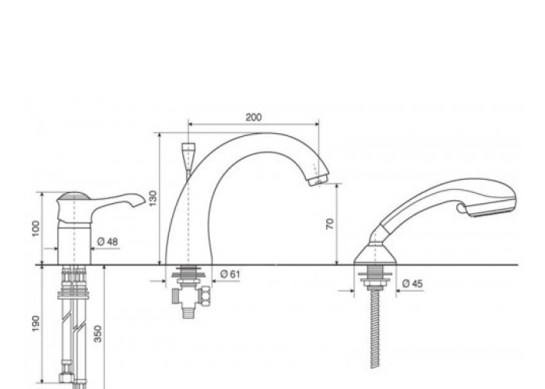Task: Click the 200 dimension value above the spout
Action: tap(253, 117)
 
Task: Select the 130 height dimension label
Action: tap(153, 198)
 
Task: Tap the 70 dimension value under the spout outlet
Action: tap(330, 224)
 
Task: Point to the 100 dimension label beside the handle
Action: tap(36, 229)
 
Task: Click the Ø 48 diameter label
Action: tap(107, 241)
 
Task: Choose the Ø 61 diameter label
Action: tap(230, 274)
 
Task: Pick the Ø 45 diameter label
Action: tap(413, 284)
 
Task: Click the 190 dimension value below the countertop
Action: tap(36, 324)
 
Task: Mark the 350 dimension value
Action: tap(98, 334)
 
